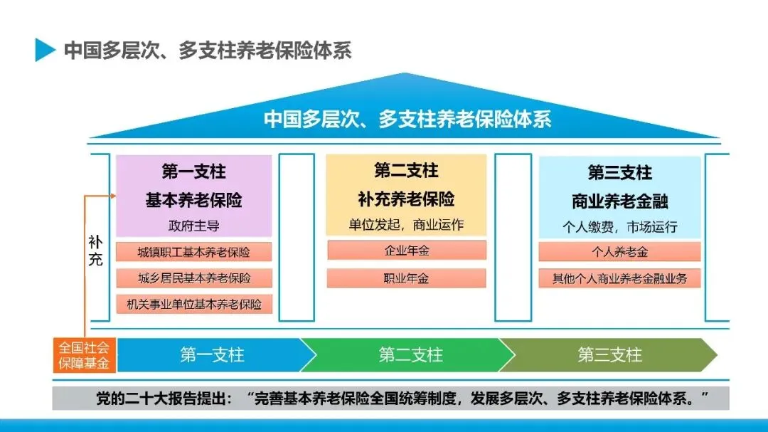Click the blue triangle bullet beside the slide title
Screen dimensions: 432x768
pyautogui.click(x=45, y=49)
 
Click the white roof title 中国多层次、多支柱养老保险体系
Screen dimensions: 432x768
pyautogui.click(x=407, y=118)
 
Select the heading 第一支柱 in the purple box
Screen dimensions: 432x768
pyautogui.click(x=193, y=172)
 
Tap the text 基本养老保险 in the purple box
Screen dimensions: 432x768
pyautogui.click(x=193, y=200)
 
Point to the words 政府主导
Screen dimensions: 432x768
pyautogui.click(x=193, y=226)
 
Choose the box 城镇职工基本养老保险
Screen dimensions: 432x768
pyautogui.click(x=193, y=252)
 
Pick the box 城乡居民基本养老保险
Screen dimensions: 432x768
pyautogui.click(x=193, y=278)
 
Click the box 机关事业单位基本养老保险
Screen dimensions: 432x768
pyautogui.click(x=193, y=304)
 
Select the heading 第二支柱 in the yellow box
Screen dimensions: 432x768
pyautogui.click(x=406, y=171)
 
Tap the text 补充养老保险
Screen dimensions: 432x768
pyautogui.click(x=406, y=198)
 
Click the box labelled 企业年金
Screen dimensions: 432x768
pyautogui.click(x=406, y=251)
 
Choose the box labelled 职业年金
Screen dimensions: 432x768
pyautogui.click(x=406, y=278)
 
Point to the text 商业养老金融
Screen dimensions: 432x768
pyautogui.click(x=619, y=201)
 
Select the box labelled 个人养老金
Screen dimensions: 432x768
pyautogui.click(x=619, y=252)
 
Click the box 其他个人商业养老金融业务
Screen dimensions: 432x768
pyautogui.click(x=619, y=278)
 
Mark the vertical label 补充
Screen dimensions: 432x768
pyautogui.click(x=95, y=250)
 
